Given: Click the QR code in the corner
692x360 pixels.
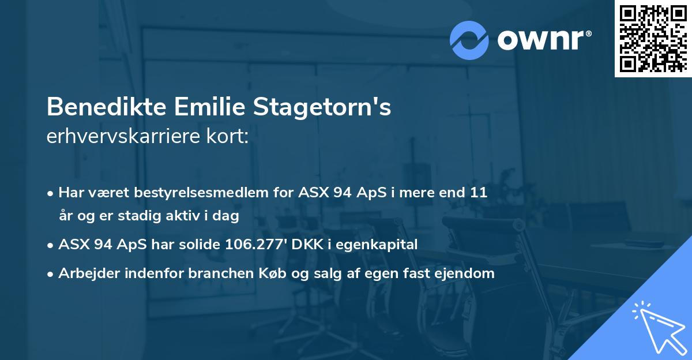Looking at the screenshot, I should click(653, 38).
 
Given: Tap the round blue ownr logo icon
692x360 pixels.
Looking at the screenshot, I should click(469, 40).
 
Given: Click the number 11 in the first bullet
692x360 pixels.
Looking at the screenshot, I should click(478, 192).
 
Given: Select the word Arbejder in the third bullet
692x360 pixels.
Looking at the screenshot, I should click(84, 273).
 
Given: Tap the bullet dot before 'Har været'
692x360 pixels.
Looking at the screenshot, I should click(51, 193).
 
